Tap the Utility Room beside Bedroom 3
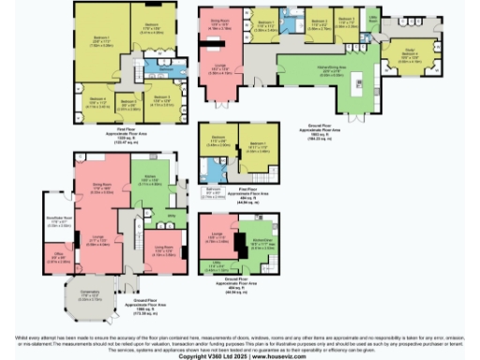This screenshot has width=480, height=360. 373,21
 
